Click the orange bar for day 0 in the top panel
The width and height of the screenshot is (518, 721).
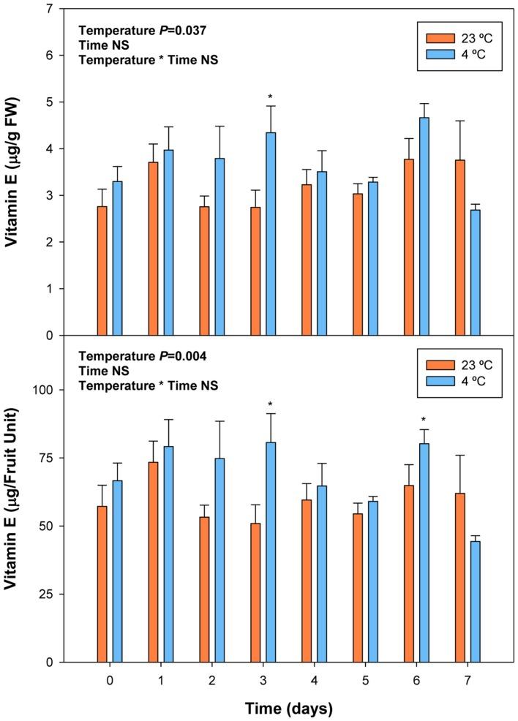click(102, 271)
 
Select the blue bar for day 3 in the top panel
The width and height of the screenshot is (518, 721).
click(271, 234)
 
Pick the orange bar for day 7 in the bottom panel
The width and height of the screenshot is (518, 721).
click(460, 578)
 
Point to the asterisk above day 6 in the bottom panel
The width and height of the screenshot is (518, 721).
click(424, 420)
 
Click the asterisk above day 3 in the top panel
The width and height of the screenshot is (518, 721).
click(271, 97)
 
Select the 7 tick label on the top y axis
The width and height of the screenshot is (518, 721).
click(48, 9)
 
